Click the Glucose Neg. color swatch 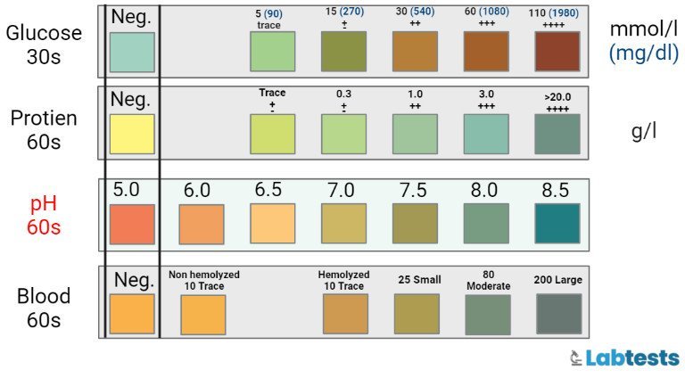[132, 53]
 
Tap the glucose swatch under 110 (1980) [557, 53]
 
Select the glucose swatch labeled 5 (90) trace [272, 53]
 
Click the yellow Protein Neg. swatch [132, 134]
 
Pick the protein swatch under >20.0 [557, 134]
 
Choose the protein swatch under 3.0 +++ [486, 134]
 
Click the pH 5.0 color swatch [132, 224]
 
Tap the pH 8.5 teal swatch [557, 224]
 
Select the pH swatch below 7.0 [343, 224]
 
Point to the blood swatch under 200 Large [559, 314]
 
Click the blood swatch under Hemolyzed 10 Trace [344, 314]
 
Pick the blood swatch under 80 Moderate [488, 314]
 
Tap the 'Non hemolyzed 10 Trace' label [203, 280]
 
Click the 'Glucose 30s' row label [44, 45]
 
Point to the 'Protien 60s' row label [44, 129]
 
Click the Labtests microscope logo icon [577, 358]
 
